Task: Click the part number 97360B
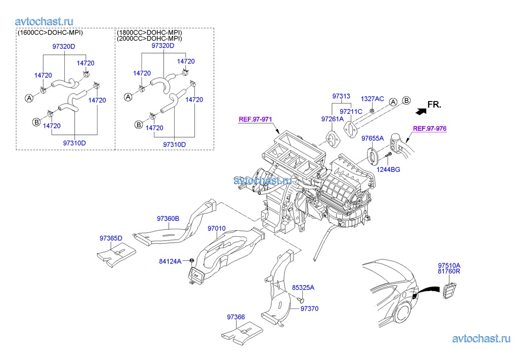168,218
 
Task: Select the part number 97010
217,229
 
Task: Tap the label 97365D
111,238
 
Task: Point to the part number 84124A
170,260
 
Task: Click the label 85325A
303,287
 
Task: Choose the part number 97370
309,309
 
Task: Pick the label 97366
236,317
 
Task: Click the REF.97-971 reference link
255,119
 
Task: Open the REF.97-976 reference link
430,128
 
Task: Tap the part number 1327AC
372,99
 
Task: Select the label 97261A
333,119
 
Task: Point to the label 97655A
373,138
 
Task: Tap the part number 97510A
449,265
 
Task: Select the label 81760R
449,271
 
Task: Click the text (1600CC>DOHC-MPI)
50,33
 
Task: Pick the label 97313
341,96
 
